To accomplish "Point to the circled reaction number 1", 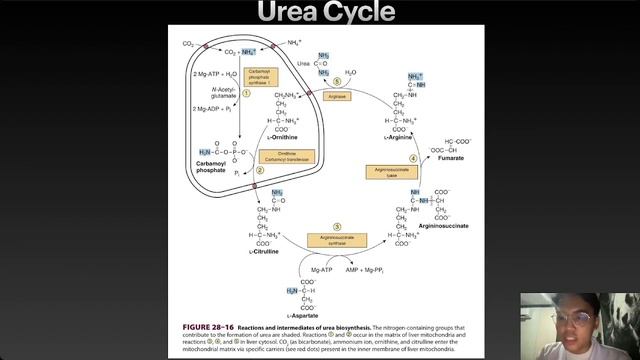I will click(245, 92).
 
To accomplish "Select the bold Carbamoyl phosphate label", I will click(216, 164).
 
